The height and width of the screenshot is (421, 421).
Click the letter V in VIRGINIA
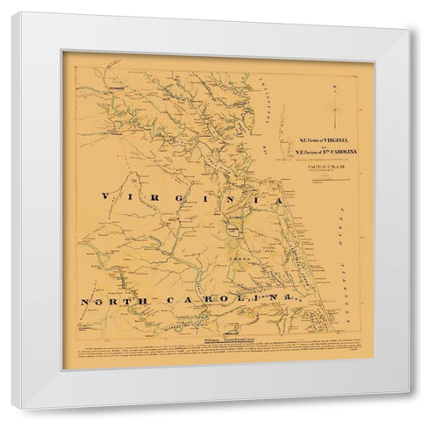coord(105,197)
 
